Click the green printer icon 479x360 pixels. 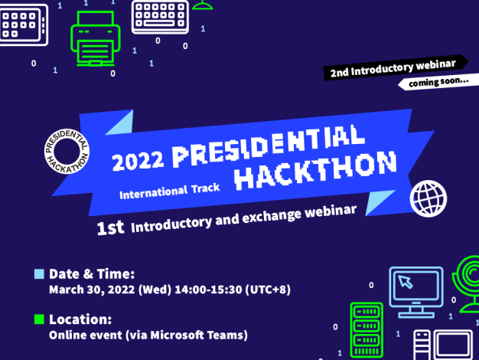(x=96, y=39)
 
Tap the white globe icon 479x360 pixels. (x=428, y=198)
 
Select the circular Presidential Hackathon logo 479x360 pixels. (x=67, y=151)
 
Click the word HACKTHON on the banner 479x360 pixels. (x=315, y=170)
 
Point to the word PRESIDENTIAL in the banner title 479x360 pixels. (x=269, y=145)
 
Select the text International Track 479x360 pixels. (x=170, y=191)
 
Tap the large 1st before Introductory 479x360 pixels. (x=110, y=227)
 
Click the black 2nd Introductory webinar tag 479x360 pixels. (x=396, y=68)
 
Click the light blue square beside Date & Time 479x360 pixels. (x=40, y=274)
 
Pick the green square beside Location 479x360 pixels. (x=40, y=319)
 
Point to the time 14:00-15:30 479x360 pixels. (x=208, y=290)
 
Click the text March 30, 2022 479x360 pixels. (x=92, y=290)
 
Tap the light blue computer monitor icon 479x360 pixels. (x=416, y=293)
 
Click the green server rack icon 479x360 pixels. (x=367, y=330)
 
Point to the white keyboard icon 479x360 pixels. (x=160, y=16)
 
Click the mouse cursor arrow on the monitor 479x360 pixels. (x=406, y=282)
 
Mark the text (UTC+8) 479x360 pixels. (x=268, y=290)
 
